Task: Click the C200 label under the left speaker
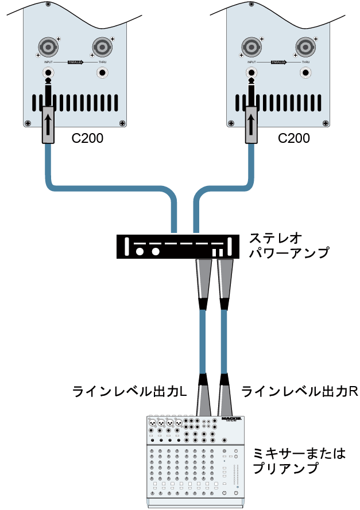point(87,138)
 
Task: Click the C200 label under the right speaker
point(293,138)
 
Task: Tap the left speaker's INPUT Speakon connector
point(48,46)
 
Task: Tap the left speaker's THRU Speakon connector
point(102,46)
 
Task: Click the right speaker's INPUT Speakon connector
point(252,46)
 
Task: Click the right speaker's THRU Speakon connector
point(306,46)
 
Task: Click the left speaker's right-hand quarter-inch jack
point(102,73)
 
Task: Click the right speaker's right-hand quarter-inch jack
point(306,73)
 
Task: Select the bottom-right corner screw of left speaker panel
point(122,122)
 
